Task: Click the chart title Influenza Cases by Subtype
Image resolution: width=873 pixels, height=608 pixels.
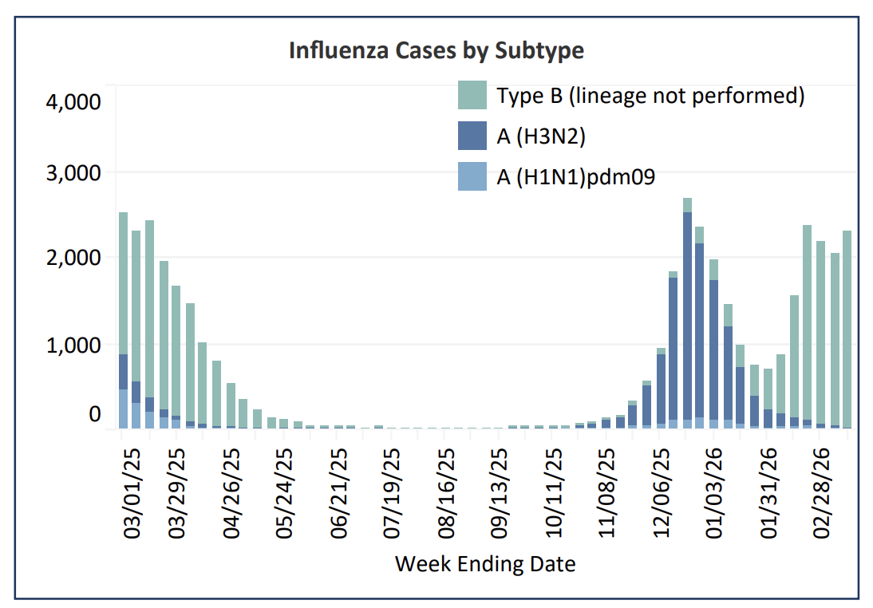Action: pos(436,51)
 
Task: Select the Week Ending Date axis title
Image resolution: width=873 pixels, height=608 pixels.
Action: pos(485,564)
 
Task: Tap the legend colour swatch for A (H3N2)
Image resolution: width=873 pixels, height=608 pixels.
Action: pos(472,136)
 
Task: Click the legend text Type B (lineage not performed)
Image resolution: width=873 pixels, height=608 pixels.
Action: pos(650,96)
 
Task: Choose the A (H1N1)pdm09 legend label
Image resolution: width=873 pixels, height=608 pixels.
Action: pos(575,176)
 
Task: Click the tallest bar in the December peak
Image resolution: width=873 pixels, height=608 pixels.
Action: pos(687,319)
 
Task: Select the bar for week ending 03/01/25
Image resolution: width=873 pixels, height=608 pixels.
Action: pos(123,319)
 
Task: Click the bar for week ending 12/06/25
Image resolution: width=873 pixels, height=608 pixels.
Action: pos(661,391)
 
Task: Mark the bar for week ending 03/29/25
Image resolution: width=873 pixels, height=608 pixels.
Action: pos(176,359)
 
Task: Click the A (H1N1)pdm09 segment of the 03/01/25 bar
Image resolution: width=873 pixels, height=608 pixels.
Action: pos(123,409)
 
